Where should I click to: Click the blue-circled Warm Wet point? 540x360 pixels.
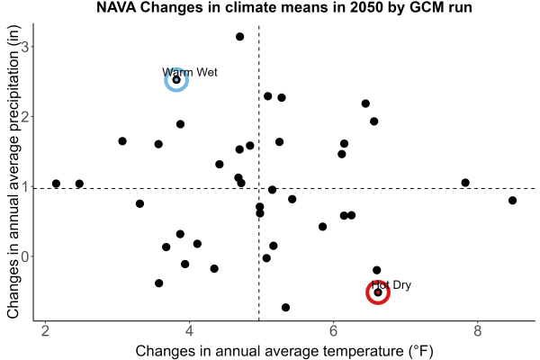pos(176,80)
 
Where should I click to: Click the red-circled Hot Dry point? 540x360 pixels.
pos(378,292)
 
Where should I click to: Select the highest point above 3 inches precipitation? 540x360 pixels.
pos(239,37)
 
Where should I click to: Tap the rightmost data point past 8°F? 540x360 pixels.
pos(512,200)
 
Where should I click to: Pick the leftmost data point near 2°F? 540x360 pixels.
pos(56,184)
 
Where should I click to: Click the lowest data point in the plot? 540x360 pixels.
pos(285,307)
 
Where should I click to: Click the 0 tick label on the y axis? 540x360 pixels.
pos(24,256)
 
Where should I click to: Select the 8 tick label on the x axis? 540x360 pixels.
pos(477,331)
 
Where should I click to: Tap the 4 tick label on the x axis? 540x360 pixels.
pos(189,331)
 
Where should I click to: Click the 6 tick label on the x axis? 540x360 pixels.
pos(333,331)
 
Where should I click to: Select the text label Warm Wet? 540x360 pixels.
pos(190,72)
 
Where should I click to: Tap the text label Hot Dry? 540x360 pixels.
pos(391,285)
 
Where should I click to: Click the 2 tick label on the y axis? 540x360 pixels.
pos(24,116)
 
